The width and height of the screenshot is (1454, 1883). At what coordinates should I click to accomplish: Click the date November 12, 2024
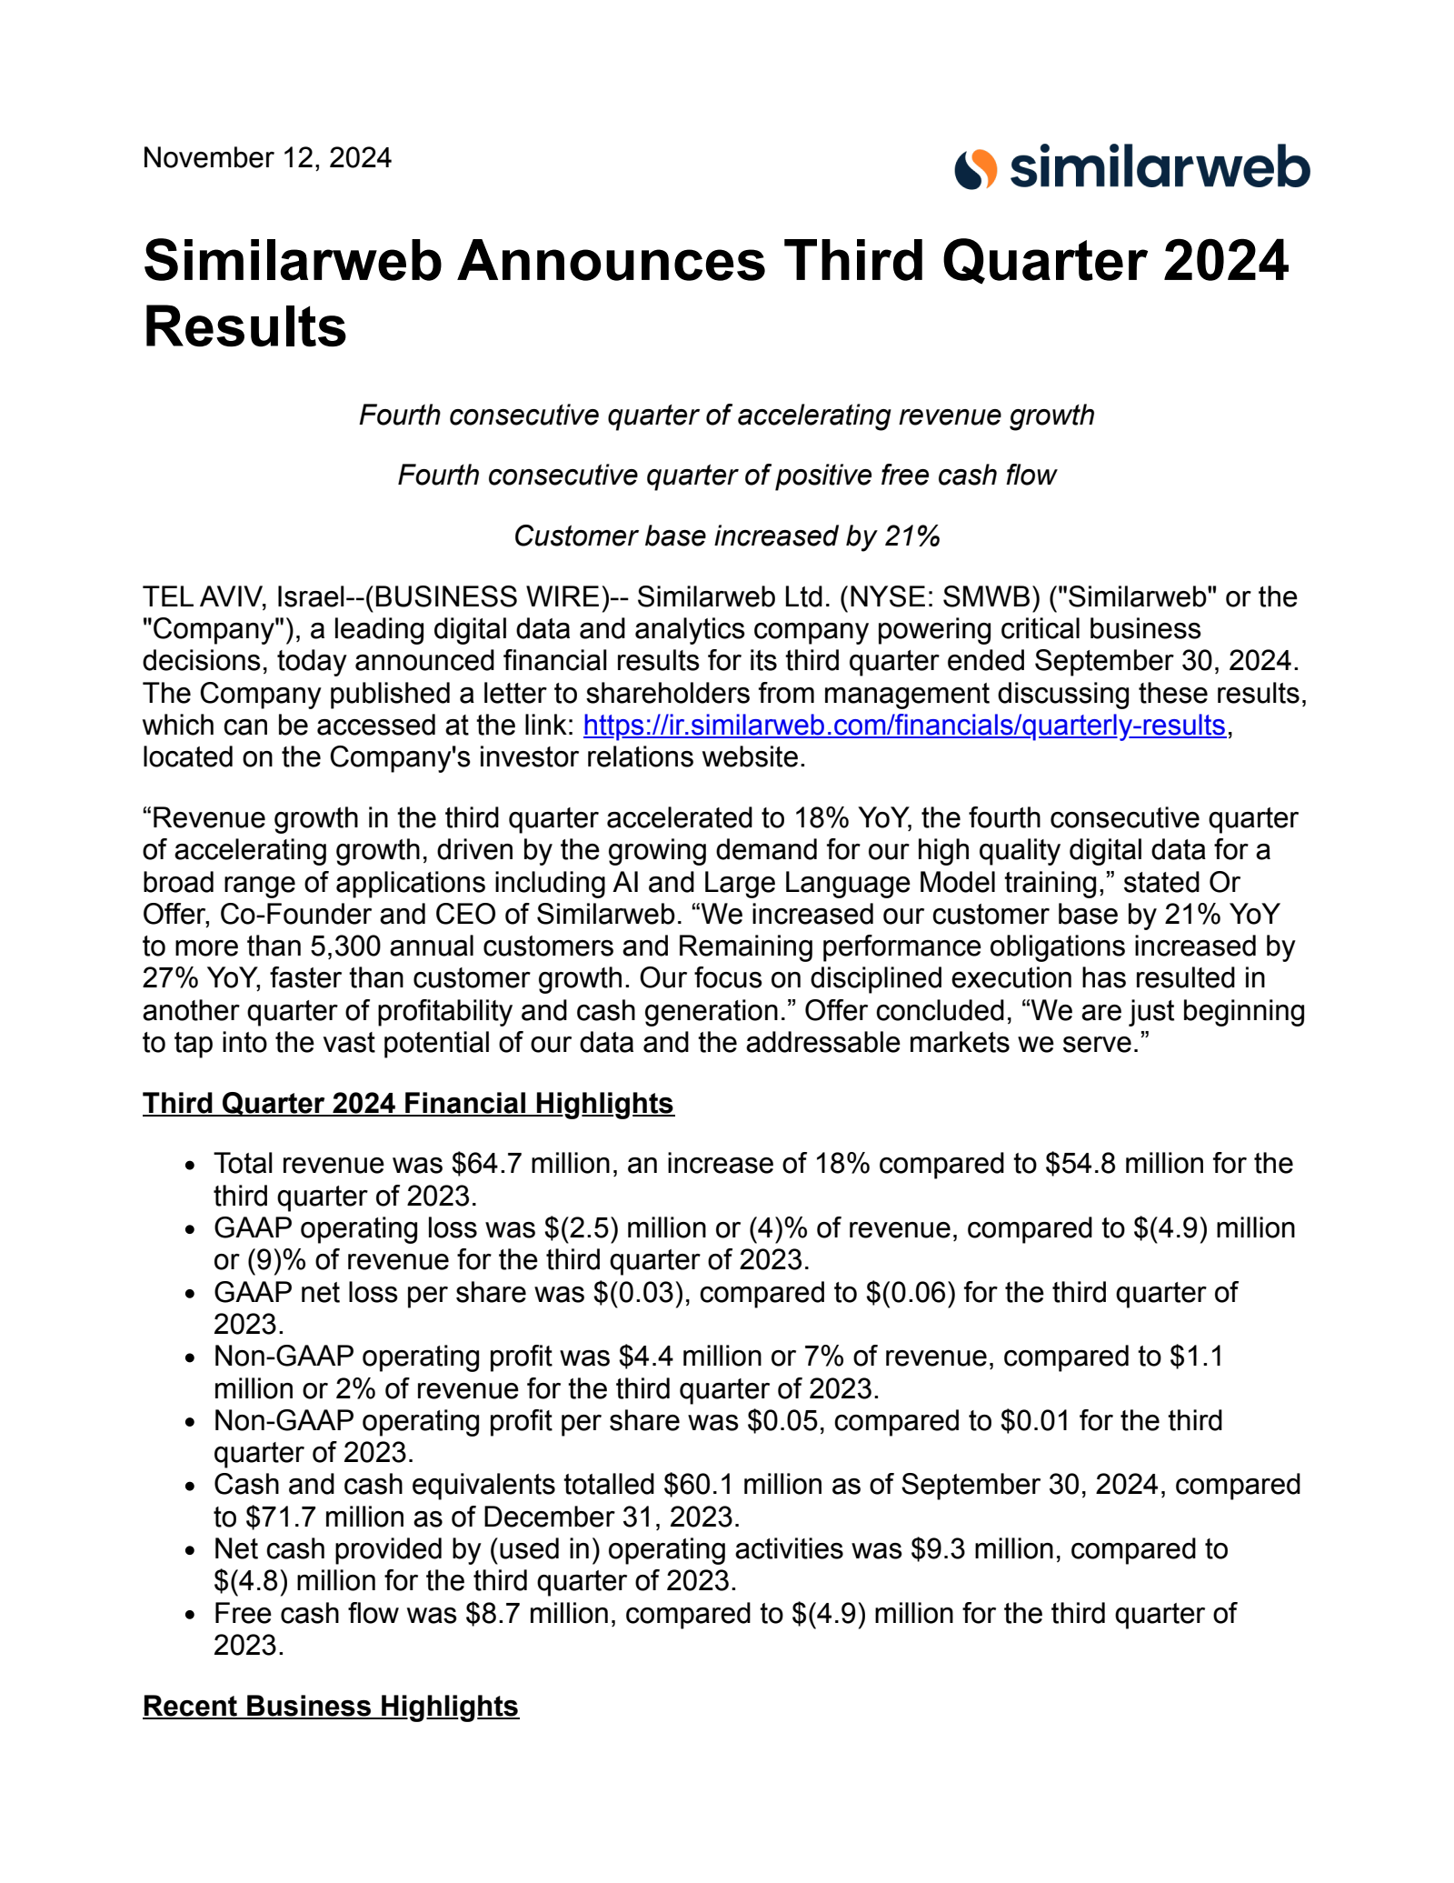(267, 158)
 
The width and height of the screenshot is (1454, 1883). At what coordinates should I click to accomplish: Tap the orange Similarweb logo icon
(975, 169)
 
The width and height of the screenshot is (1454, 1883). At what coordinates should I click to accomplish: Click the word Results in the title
(245, 327)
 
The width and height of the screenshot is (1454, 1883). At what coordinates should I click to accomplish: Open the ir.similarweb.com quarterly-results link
(903, 726)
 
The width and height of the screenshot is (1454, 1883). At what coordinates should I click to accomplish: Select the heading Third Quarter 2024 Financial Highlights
(408, 1103)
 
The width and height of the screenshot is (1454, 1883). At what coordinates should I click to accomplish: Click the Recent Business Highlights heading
(331, 1706)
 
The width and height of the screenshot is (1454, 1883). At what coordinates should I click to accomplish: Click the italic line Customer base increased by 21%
(727, 536)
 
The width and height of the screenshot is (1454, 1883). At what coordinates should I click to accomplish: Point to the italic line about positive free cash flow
(727, 476)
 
